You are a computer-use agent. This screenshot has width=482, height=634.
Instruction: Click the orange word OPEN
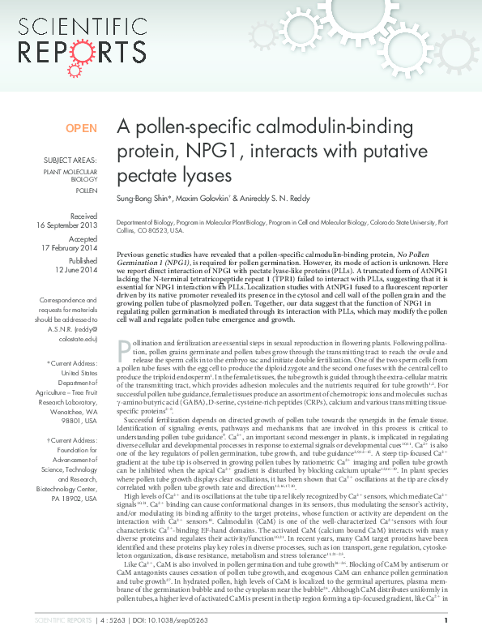81,129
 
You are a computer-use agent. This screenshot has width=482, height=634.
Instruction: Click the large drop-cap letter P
125,349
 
